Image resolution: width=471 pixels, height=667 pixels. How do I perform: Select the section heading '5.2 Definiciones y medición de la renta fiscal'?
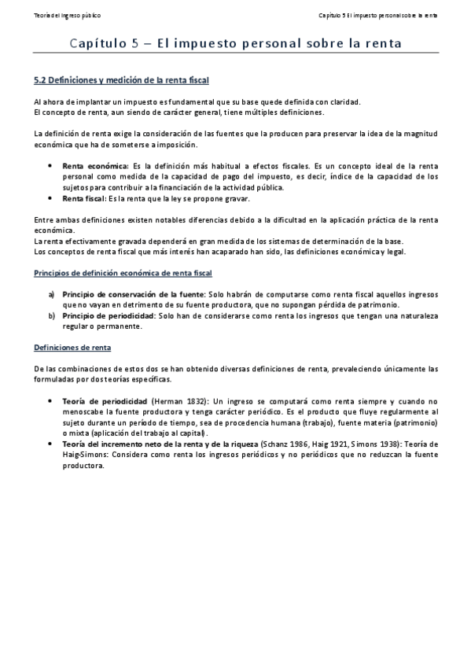[122, 80]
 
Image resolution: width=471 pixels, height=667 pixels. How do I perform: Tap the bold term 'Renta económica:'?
[96, 167]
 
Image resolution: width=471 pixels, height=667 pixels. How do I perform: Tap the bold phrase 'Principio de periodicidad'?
[109, 315]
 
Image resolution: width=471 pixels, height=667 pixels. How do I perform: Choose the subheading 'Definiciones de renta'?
[73, 346]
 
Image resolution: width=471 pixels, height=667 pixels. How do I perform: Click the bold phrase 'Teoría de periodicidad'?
[105, 400]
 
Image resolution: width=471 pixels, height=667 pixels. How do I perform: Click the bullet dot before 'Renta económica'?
[51, 167]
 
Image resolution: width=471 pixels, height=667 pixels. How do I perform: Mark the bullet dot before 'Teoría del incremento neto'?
[51, 444]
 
